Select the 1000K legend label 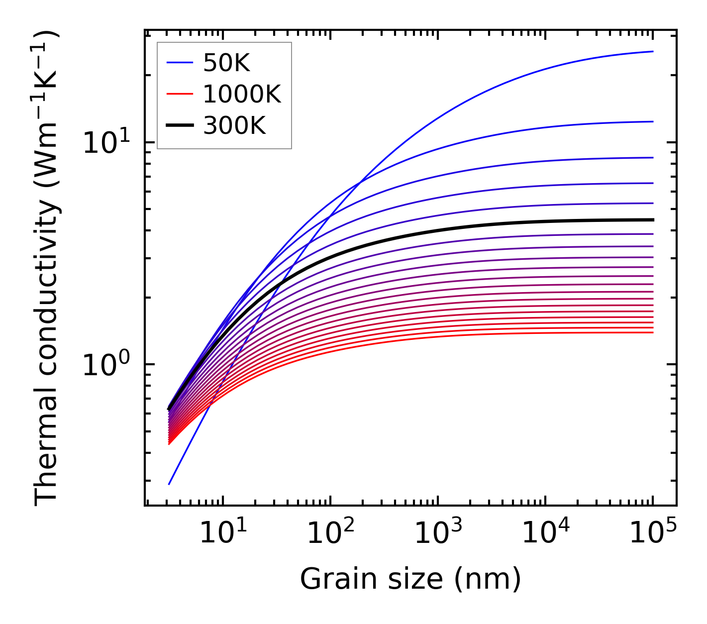tap(242, 94)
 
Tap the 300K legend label tap(234, 126)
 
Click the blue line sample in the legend tap(179, 63)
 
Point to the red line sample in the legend tap(179, 94)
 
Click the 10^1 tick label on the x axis tap(222, 533)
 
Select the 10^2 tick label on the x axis tap(330, 533)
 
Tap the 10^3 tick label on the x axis tap(437, 533)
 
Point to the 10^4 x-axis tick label tap(545, 533)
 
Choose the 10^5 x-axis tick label tap(652, 533)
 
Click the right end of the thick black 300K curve tap(652, 219)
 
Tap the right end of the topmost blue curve tap(652, 51)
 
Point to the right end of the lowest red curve tap(652, 332)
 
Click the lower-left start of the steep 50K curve tap(169, 484)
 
